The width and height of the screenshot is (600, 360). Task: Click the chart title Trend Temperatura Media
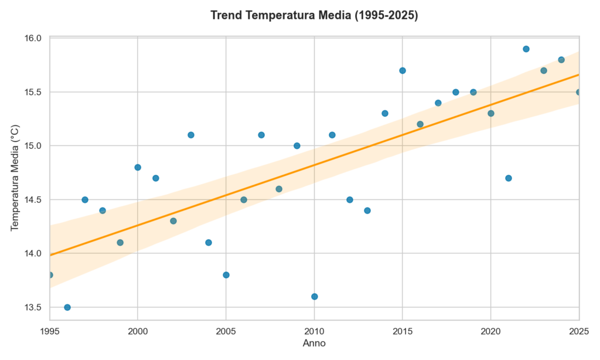314,16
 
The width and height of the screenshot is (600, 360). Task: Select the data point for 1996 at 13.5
67,307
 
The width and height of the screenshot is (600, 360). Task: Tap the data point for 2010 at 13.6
315,297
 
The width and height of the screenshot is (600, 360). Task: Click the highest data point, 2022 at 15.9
526,49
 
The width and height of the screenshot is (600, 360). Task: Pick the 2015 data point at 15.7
403,70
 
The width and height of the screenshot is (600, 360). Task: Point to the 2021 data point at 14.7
509,178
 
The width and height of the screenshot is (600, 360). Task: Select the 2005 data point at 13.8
226,275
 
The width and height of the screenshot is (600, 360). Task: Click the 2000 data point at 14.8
138,167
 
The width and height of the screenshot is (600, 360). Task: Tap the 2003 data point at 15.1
191,135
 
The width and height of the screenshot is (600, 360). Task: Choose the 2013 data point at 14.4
367,210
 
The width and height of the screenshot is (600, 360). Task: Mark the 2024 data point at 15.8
561,60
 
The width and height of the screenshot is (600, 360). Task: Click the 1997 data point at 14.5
85,199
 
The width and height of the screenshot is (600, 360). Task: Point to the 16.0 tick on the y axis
35,38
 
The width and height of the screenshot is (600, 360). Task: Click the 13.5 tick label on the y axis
35,307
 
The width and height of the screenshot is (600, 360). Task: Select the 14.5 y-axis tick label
35,199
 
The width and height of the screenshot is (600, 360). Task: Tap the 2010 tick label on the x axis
315,331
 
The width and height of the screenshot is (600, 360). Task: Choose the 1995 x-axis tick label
50,331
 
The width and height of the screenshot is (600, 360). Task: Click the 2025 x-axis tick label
579,331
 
